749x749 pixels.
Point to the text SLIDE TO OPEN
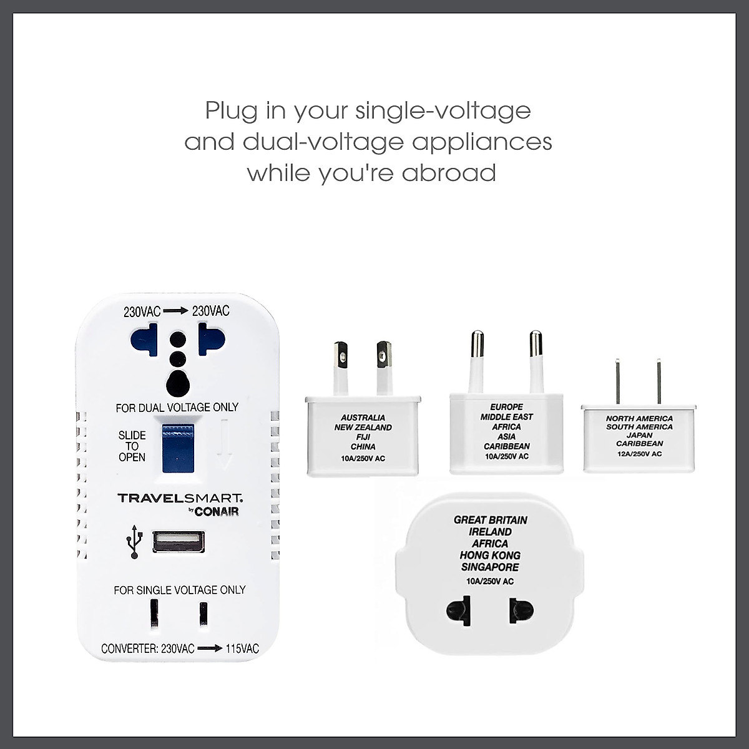tap(132, 446)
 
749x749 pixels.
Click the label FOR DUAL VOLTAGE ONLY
tap(177, 408)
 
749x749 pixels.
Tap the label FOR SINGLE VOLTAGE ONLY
tap(179, 590)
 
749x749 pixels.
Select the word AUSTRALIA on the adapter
tap(363, 418)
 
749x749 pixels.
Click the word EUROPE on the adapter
tap(506, 407)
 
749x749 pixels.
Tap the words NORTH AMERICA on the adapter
tap(639, 419)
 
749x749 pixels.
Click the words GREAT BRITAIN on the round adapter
tap(491, 520)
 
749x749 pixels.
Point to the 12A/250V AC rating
tap(639, 454)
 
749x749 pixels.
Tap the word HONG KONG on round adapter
tap(490, 556)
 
